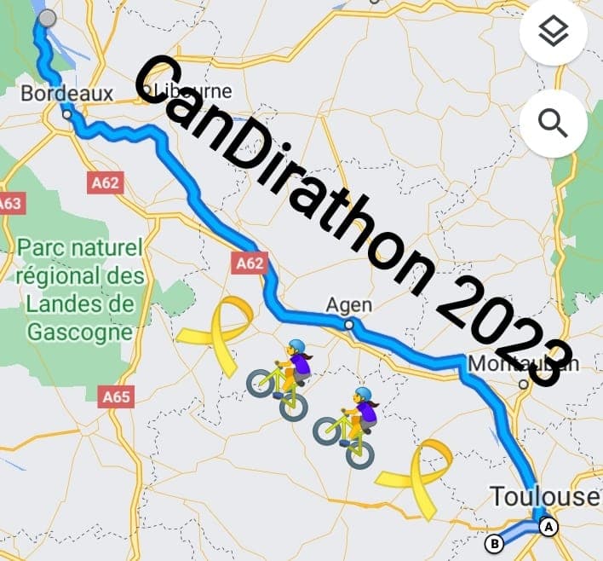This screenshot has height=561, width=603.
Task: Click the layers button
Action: point(553,33)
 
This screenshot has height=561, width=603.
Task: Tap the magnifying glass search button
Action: point(553,124)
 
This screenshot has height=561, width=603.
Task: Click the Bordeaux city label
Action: point(66,93)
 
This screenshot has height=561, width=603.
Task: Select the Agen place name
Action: point(349,304)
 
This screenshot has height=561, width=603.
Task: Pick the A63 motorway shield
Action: point(9,204)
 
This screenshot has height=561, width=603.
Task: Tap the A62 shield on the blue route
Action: point(250,263)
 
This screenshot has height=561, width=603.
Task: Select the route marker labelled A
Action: point(549,527)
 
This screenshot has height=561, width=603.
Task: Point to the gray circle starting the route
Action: point(48,18)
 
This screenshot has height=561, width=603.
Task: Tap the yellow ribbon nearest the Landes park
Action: point(214,334)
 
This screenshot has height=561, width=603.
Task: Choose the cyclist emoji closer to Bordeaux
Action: point(281,379)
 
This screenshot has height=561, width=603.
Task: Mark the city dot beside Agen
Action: point(349,324)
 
